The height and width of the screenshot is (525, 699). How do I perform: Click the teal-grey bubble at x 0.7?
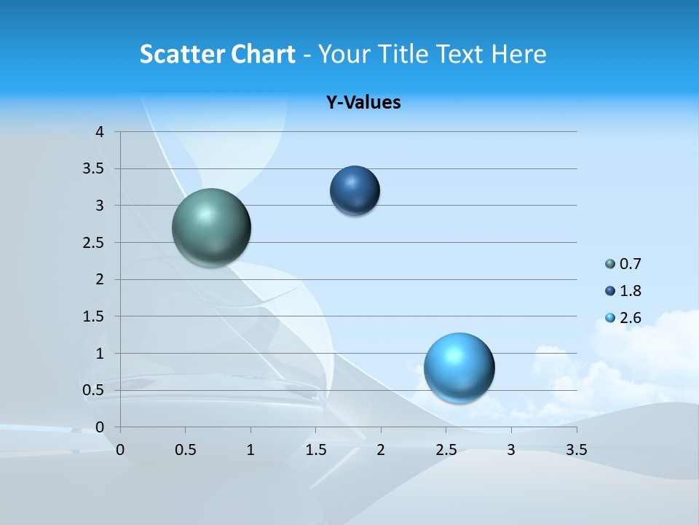pyautogui.click(x=212, y=227)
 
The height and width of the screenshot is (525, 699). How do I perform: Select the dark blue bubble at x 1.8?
pyautogui.click(x=355, y=190)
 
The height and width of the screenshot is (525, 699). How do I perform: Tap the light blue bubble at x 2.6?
pyautogui.click(x=459, y=367)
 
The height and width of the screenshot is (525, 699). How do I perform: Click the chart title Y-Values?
pyautogui.click(x=363, y=103)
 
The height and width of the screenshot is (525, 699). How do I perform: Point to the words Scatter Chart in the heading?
pyautogui.click(x=218, y=54)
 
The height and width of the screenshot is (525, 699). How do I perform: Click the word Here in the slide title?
pyautogui.click(x=518, y=54)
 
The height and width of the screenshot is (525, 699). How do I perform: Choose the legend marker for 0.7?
pyautogui.click(x=610, y=264)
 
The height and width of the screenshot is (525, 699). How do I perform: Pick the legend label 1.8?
pyautogui.click(x=631, y=291)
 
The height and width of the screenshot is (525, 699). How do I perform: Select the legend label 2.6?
pyautogui.click(x=631, y=318)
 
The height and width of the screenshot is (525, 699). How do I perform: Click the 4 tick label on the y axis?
pyautogui.click(x=100, y=132)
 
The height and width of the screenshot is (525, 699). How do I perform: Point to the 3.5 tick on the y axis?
pyautogui.click(x=94, y=169)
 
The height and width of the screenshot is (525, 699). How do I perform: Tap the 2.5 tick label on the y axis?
pyautogui.click(x=94, y=243)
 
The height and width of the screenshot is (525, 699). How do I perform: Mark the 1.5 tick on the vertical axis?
pyautogui.click(x=94, y=316)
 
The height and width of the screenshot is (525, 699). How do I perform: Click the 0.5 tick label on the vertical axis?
pyautogui.click(x=94, y=390)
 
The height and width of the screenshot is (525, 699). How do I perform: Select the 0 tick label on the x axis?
pyautogui.click(x=120, y=450)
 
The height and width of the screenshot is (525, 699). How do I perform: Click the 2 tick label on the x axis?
pyautogui.click(x=381, y=450)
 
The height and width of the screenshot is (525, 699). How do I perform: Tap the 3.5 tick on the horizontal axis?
pyautogui.click(x=576, y=450)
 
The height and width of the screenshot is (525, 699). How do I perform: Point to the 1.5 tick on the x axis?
pyautogui.click(x=315, y=450)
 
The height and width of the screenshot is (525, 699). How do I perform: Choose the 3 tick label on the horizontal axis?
pyautogui.click(x=511, y=450)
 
